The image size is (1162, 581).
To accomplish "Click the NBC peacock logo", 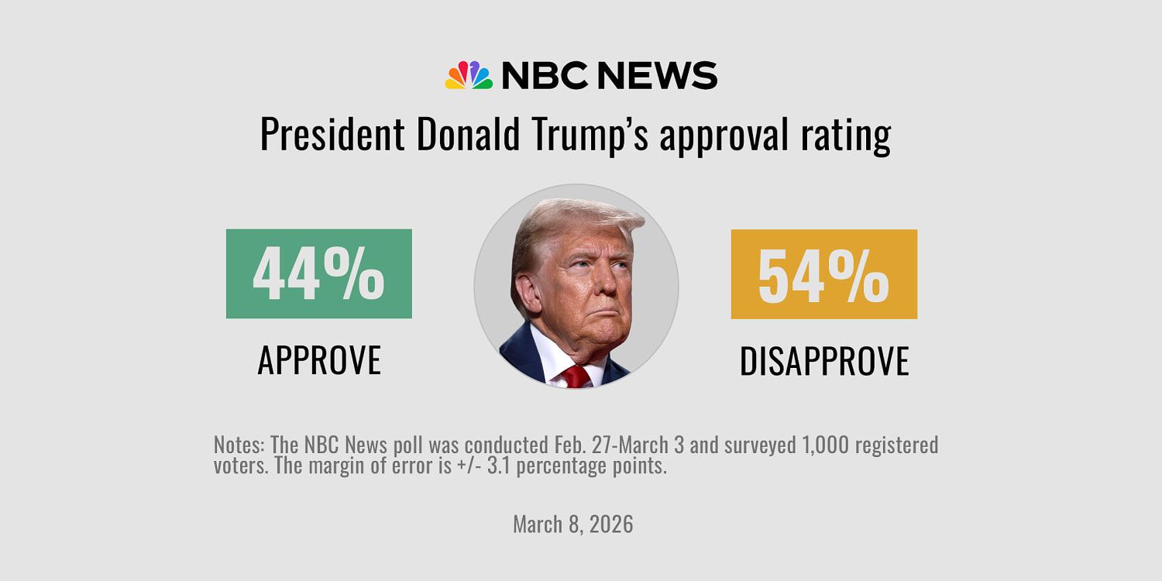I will (x=469, y=75).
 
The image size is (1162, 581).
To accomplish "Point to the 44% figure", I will (x=318, y=273).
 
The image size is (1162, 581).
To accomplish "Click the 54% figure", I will (x=823, y=274).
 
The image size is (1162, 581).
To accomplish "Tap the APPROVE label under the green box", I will (x=319, y=360).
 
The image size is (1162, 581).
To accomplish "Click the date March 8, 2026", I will (x=573, y=524).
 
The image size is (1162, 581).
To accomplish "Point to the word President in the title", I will (x=332, y=135).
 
